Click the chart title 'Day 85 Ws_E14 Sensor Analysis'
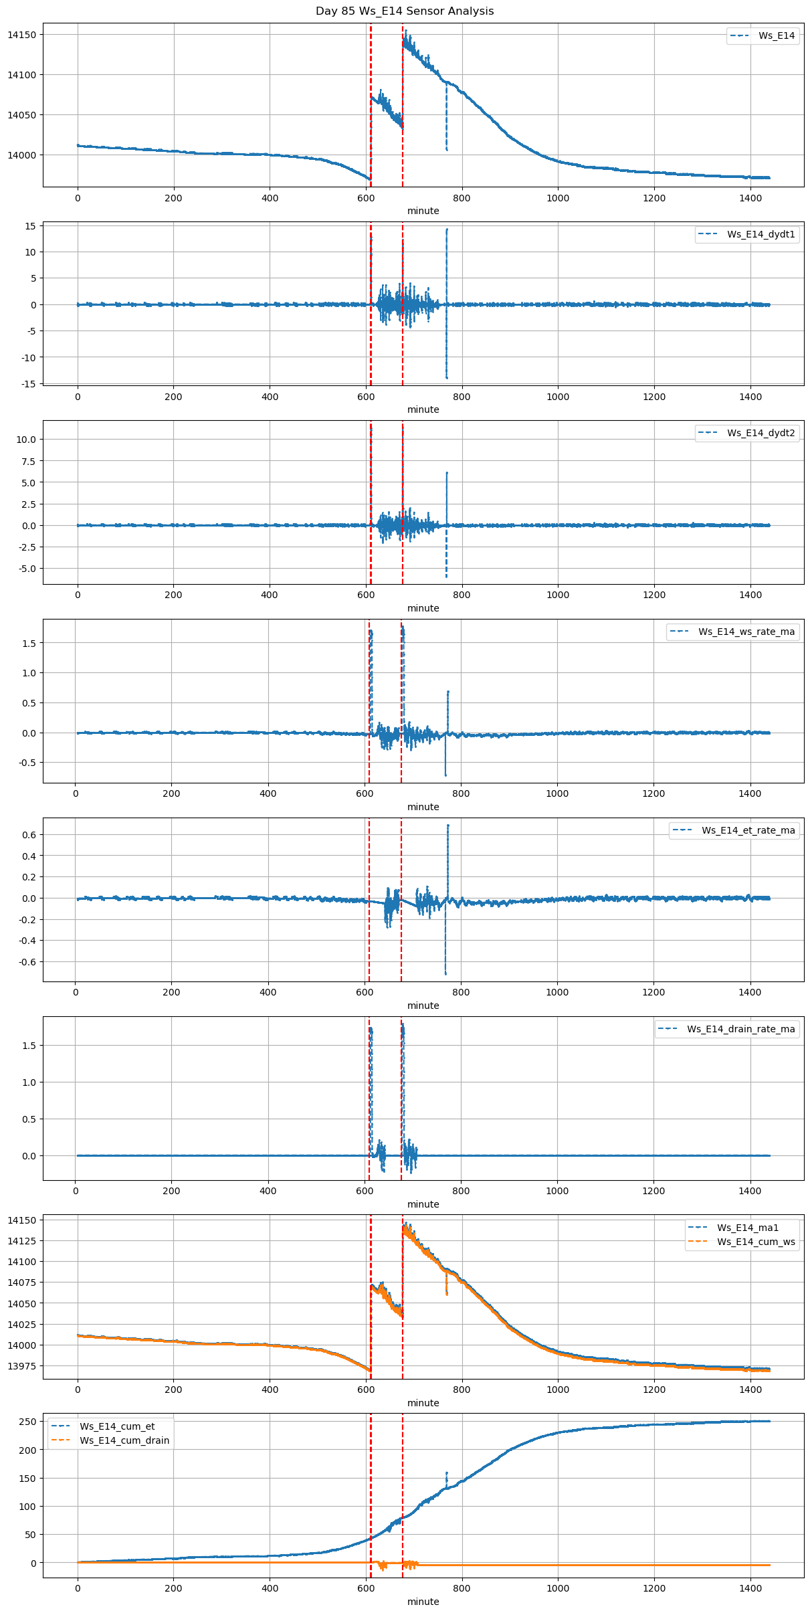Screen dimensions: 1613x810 (405, 11)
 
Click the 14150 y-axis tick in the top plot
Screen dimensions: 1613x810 (21, 35)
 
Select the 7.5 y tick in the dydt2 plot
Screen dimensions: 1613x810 (27, 461)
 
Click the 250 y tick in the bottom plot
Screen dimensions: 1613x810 (27, 1421)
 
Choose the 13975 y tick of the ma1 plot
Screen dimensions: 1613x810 (21, 1366)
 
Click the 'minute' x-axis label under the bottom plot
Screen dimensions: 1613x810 (423, 1602)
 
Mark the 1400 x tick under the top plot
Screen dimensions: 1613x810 (750, 198)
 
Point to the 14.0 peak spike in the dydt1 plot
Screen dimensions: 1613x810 (447, 230)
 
